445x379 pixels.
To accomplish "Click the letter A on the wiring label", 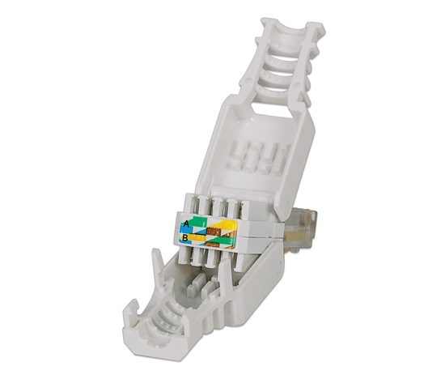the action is (186, 224).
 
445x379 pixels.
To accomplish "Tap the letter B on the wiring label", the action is (184, 237).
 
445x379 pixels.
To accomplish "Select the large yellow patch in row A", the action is (223, 224).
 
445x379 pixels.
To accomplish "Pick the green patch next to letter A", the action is (198, 222).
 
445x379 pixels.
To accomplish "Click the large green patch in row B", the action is (224, 241).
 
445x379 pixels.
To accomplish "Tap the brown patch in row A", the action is (214, 232).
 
